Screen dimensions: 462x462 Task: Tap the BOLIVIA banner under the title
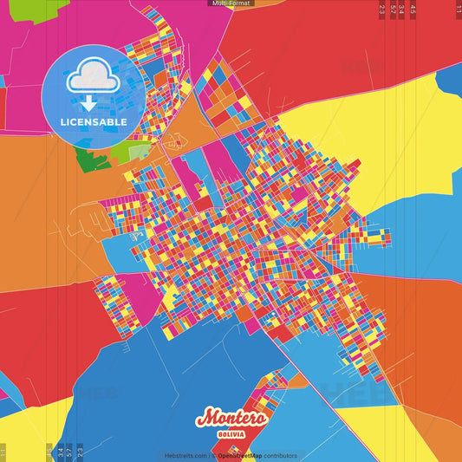point(231,432)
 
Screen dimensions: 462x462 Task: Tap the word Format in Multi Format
point(238,3)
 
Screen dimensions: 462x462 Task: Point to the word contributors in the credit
point(280,456)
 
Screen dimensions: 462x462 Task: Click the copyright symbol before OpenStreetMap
point(215,456)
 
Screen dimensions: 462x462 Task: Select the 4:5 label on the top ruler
point(413,10)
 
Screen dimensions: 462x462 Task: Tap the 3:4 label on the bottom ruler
point(60,452)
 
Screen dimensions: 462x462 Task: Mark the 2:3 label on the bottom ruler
point(80,452)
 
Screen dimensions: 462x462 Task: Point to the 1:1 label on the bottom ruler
point(3,452)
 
